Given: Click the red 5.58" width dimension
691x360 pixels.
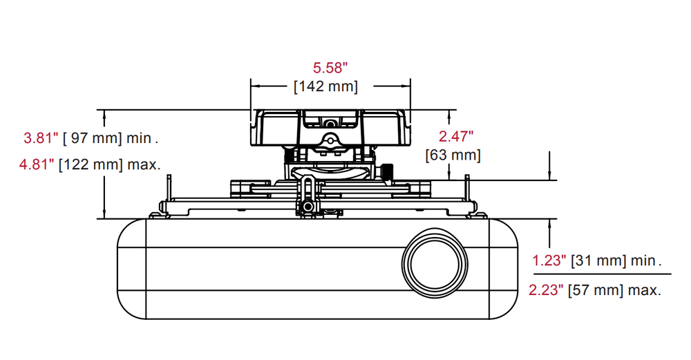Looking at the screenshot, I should (330, 68).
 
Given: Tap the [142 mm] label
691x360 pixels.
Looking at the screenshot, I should (325, 86).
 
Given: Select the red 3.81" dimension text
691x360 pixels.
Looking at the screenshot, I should (39, 138).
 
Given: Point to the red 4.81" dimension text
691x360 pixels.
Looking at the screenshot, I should (39, 165).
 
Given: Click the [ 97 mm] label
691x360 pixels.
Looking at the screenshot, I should (92, 138).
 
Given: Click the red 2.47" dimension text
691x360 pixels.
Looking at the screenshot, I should (456, 136).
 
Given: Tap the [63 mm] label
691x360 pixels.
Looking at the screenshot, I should (453, 154).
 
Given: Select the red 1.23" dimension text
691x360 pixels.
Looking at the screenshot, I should (549, 261).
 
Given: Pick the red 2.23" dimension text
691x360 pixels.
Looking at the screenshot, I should (547, 290).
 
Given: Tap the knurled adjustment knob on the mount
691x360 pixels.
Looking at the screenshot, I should (389, 170).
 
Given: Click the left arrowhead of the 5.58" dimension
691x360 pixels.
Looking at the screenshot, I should (254, 86).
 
